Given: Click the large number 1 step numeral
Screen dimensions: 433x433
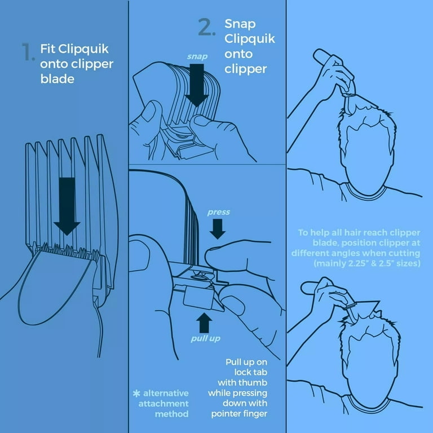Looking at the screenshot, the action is pyautogui.click(x=28, y=52).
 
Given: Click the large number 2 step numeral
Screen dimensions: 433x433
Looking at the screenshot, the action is pyautogui.click(x=206, y=27).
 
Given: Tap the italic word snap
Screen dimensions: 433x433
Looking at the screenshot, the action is pyautogui.click(x=197, y=56).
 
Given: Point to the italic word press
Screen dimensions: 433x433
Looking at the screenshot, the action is pyautogui.click(x=218, y=213).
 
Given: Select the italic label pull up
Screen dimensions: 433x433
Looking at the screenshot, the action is pyautogui.click(x=205, y=338).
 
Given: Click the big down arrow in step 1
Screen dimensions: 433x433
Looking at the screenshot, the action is pyautogui.click(x=67, y=206).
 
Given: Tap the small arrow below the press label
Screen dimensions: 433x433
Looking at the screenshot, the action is pyautogui.click(x=217, y=229).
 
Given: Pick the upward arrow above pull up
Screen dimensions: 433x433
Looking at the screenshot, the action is pyautogui.click(x=204, y=322).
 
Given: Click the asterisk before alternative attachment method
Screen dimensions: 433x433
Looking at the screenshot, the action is pyautogui.click(x=136, y=394).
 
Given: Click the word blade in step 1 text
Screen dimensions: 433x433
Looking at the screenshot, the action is pyautogui.click(x=58, y=79).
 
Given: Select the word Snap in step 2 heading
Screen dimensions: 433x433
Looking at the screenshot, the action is pyautogui.click(x=240, y=24).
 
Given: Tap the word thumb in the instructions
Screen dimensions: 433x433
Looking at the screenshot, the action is pyautogui.click(x=254, y=383).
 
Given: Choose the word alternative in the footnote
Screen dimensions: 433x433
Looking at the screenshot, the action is pyautogui.click(x=166, y=393).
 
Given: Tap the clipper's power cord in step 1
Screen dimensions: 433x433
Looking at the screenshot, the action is pyautogui.click(x=99, y=326).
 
